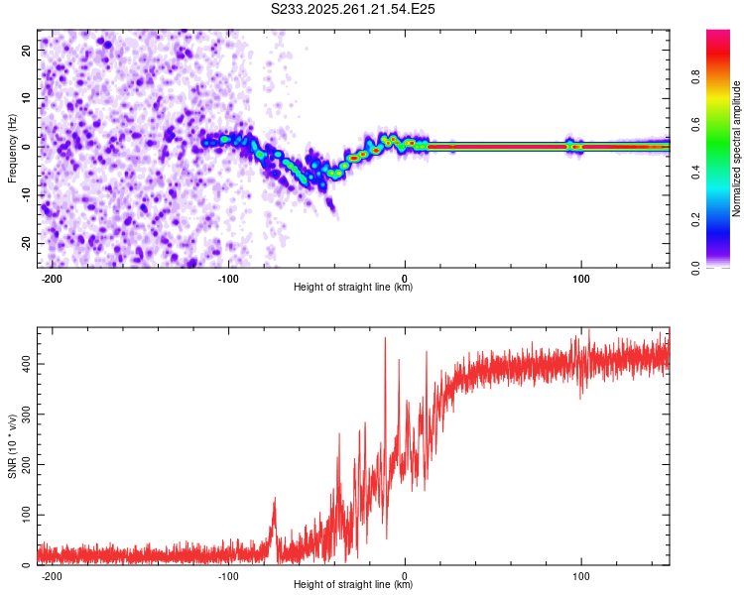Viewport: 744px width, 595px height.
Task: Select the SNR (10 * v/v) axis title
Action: tap(13, 446)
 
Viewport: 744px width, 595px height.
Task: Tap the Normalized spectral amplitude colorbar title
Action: tap(737, 149)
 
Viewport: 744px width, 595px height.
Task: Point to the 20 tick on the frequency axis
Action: tap(27, 49)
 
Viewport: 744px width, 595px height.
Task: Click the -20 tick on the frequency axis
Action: tap(25, 243)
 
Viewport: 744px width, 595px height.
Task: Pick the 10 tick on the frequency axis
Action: tap(27, 97)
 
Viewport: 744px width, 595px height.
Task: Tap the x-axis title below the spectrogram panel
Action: tap(353, 288)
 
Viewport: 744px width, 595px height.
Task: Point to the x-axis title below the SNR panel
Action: tap(353, 585)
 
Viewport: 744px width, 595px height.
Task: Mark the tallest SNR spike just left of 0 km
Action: tap(385, 339)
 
